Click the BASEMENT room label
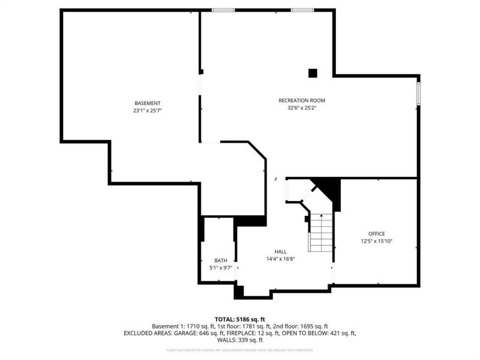(x=147, y=103)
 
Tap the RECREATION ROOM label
(x=302, y=100)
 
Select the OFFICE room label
(x=377, y=233)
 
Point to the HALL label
(x=281, y=251)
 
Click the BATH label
(x=221, y=260)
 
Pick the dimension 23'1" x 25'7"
(x=147, y=111)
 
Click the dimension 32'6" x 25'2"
(x=302, y=108)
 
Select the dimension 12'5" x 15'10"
(x=377, y=241)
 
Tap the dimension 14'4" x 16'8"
(x=281, y=259)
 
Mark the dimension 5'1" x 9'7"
(x=221, y=268)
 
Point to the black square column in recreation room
(x=313, y=73)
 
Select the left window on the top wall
(x=223, y=10)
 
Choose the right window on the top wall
(x=302, y=10)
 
